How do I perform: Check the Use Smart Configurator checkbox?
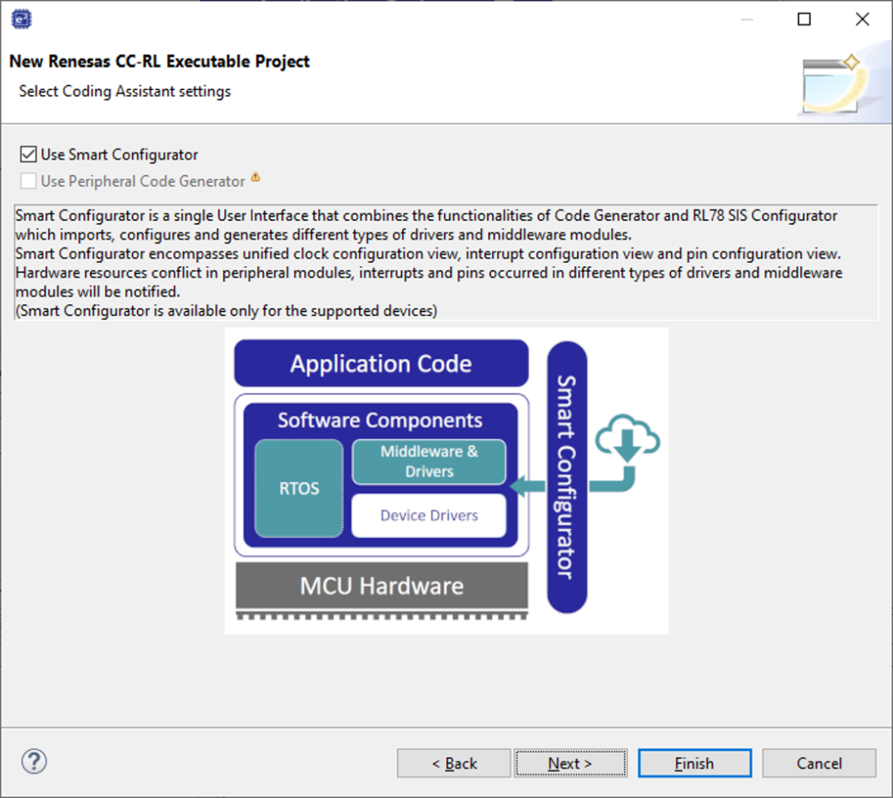tap(28, 155)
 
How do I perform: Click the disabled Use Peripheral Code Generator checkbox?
tap(28, 181)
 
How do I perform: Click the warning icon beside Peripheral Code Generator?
tap(255, 177)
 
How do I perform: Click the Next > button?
tap(570, 762)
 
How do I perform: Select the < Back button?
tap(454, 762)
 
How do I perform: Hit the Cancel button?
tap(819, 762)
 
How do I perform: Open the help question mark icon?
tap(34, 762)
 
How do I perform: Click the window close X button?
tap(862, 19)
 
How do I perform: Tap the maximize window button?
tap(805, 19)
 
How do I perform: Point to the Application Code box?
tap(381, 363)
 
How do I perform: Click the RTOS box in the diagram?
tap(299, 488)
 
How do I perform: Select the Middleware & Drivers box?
tap(429, 462)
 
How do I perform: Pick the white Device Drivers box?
tap(429, 515)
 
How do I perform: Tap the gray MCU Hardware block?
tap(381, 586)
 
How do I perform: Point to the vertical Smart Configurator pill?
tap(566, 477)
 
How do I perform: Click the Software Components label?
tap(380, 420)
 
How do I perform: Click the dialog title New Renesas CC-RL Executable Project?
tap(160, 61)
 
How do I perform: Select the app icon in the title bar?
tap(21, 19)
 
